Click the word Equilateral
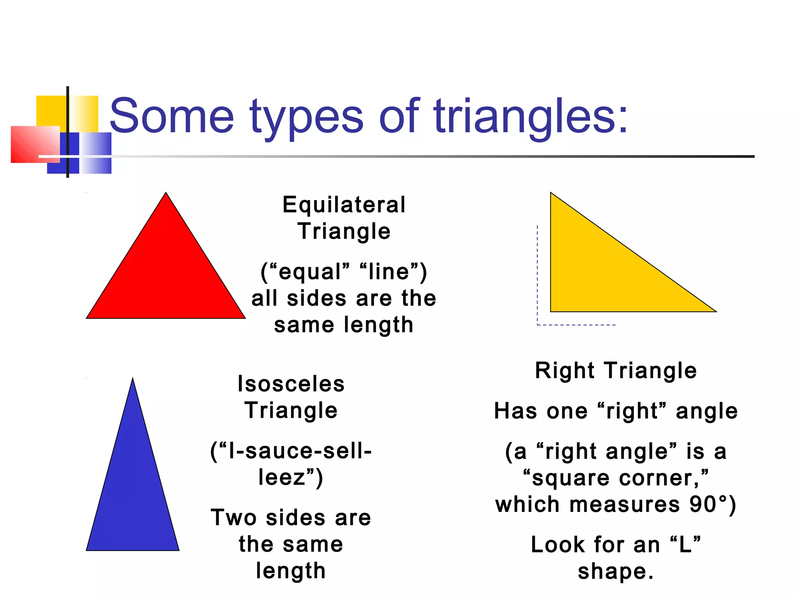(344, 205)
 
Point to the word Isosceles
(291, 384)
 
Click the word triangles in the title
(531, 116)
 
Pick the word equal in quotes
(310, 272)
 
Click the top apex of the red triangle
(166, 194)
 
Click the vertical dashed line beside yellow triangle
(537, 272)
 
